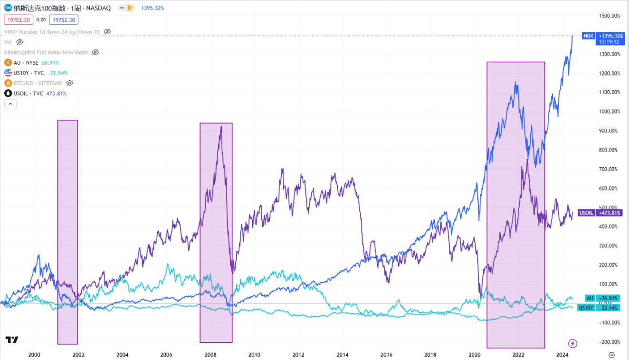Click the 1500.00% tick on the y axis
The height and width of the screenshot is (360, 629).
pos(610,16)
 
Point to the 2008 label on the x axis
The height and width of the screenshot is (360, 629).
pos(210,355)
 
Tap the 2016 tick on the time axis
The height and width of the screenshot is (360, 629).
pos(387,355)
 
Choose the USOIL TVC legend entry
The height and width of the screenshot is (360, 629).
pos(36,94)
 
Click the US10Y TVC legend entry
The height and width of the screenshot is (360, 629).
pos(36,73)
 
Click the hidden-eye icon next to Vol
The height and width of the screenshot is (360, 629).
pos(20,42)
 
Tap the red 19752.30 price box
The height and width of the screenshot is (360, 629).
pos(18,20)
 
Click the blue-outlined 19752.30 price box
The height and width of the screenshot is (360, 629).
pos(64,20)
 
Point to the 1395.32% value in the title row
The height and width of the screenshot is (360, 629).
pos(152,8)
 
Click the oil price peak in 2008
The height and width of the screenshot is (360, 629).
pos(221,127)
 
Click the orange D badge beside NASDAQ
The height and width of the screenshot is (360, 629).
pos(129,8)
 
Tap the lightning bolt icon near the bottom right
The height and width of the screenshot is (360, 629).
pos(573,343)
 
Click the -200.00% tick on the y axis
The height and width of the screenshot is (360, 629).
pos(610,342)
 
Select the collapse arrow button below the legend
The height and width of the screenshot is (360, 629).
pos(10,104)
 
